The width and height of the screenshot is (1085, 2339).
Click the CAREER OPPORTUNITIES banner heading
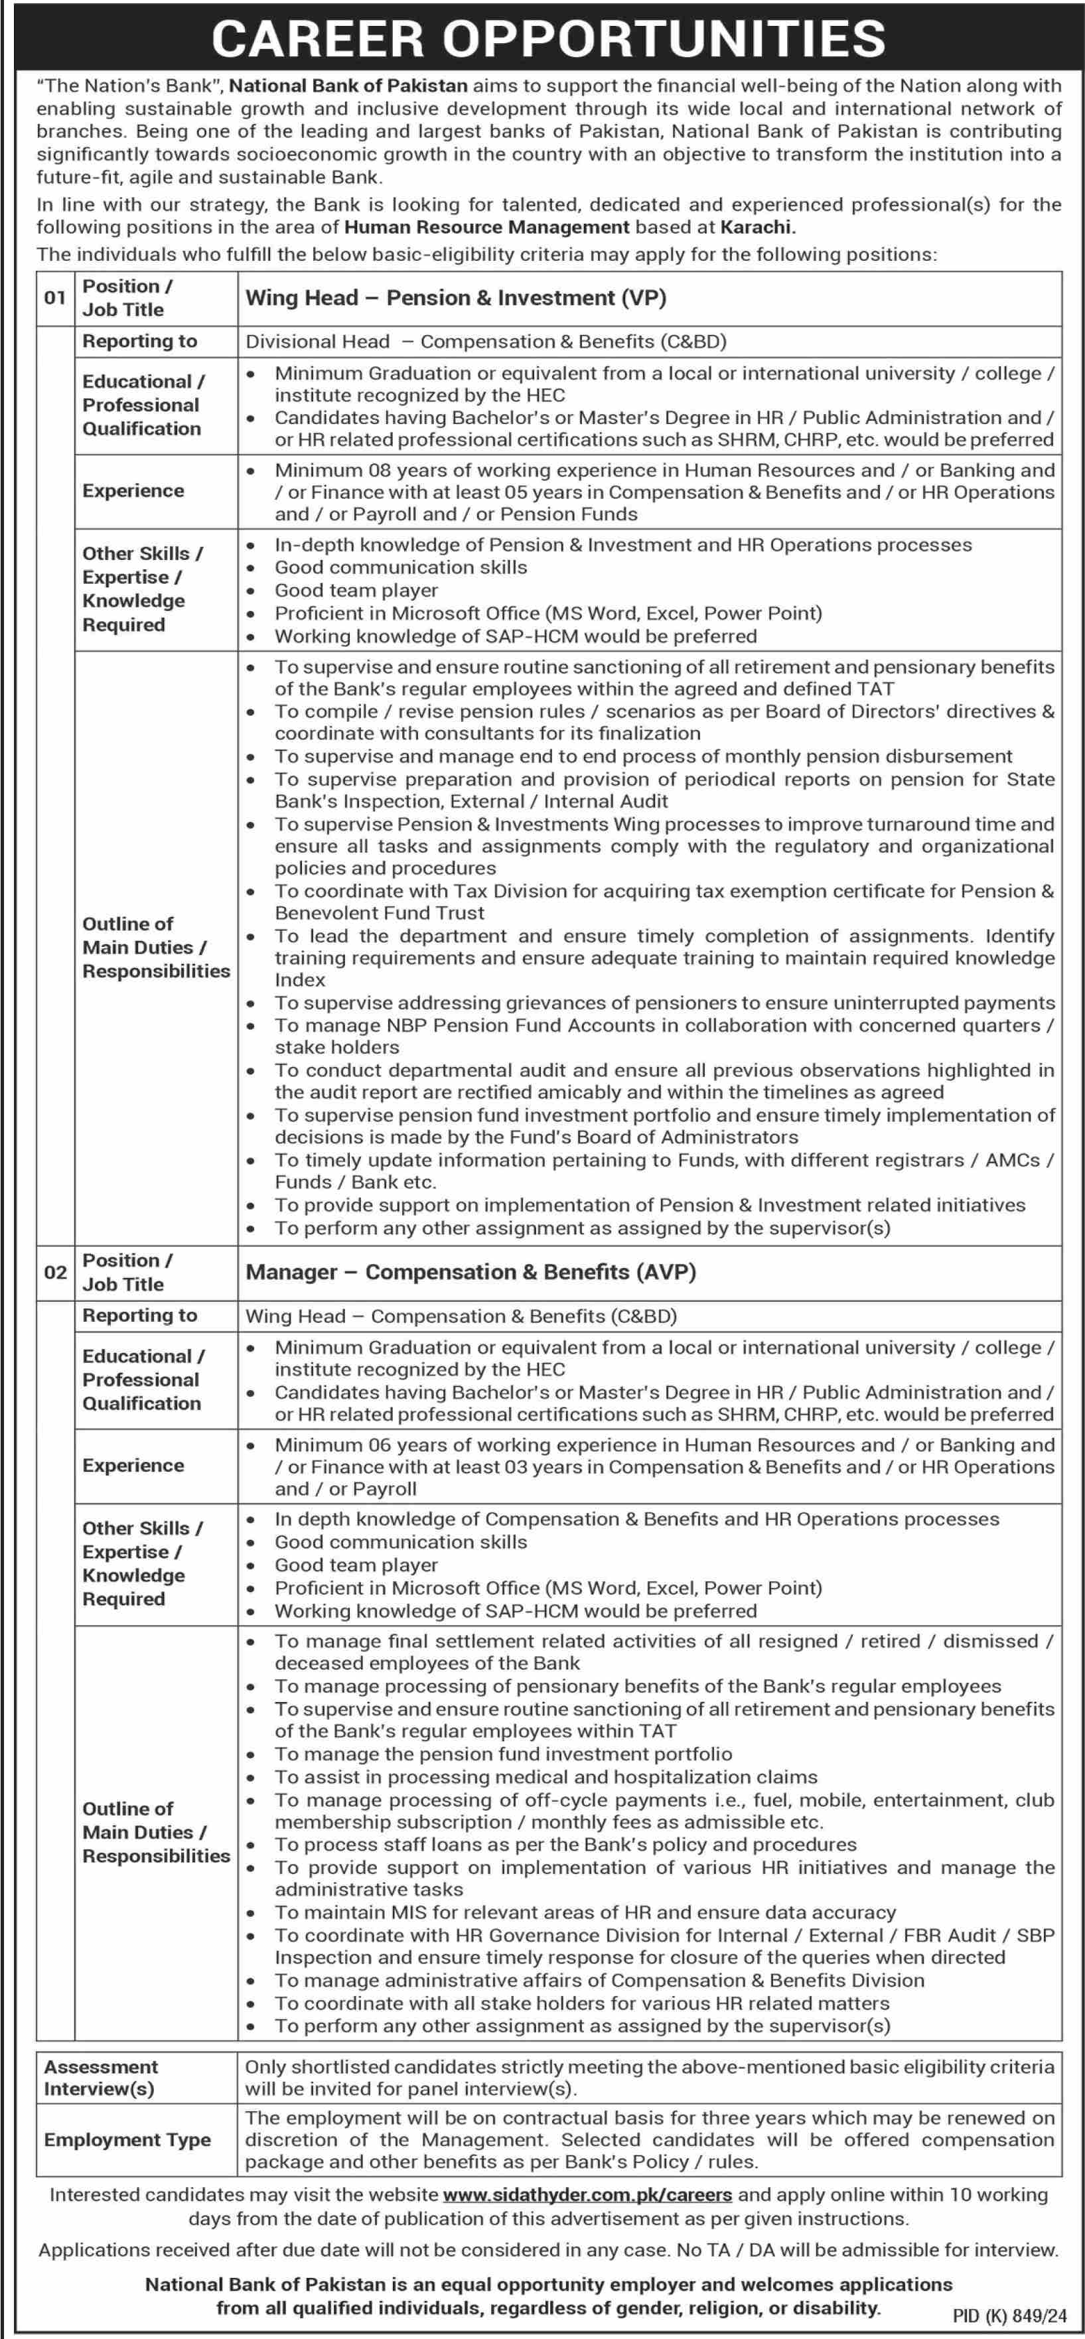click(548, 38)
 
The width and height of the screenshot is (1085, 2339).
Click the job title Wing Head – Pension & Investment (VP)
click(456, 298)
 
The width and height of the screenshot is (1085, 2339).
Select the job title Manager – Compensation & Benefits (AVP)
click(470, 1272)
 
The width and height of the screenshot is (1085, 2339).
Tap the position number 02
click(55, 1272)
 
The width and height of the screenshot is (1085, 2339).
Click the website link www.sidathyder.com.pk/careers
click(587, 2194)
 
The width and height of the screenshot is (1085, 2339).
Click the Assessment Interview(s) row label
click(100, 2078)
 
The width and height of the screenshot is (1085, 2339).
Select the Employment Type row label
click(127, 2140)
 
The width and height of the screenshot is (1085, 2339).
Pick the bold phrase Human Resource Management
click(486, 227)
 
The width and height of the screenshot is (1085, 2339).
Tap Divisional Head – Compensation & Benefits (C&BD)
click(486, 342)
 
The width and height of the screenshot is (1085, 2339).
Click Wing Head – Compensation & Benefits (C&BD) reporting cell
click(461, 1316)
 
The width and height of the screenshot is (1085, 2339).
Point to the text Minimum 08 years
click(346, 470)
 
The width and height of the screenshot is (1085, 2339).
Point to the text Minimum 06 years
click(346, 1445)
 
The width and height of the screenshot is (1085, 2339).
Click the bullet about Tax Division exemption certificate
click(664, 902)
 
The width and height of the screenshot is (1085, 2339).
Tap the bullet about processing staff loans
click(565, 1844)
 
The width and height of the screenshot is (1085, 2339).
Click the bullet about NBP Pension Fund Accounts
click(664, 1036)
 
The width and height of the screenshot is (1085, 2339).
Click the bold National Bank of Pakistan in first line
click(348, 86)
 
